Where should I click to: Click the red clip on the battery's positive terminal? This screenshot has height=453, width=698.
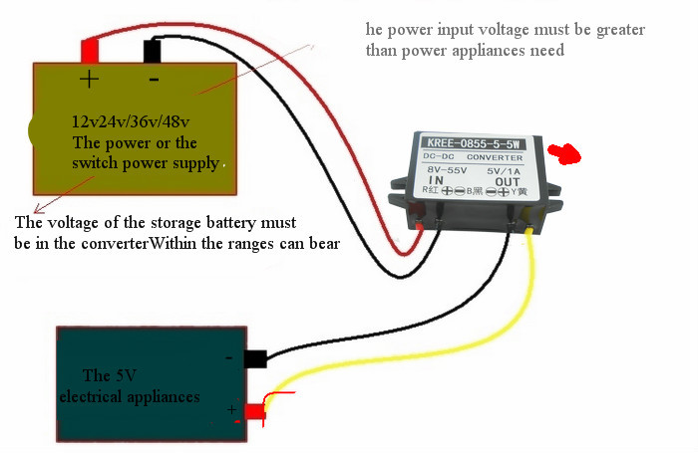point(90,48)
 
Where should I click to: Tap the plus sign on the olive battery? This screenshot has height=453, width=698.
point(89,79)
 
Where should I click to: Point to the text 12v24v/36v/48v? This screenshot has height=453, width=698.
point(131,122)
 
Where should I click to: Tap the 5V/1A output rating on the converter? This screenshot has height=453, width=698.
point(506,170)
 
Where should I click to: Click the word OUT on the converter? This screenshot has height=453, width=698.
point(508,181)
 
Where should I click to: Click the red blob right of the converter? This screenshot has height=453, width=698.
point(568,153)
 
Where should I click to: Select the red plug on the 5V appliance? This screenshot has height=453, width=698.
point(253,410)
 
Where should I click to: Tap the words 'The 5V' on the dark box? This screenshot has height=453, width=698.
point(110,376)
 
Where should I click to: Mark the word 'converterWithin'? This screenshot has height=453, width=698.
point(149,241)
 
